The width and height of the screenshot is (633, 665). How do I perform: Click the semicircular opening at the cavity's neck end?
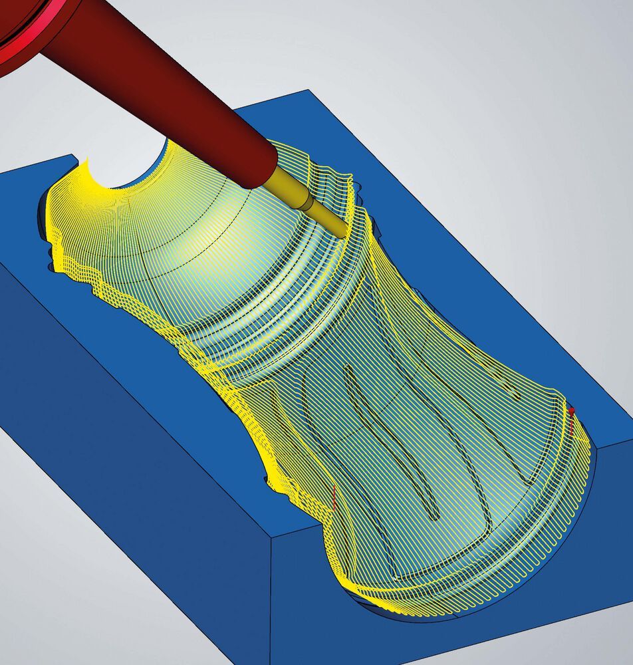coord(130,170)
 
